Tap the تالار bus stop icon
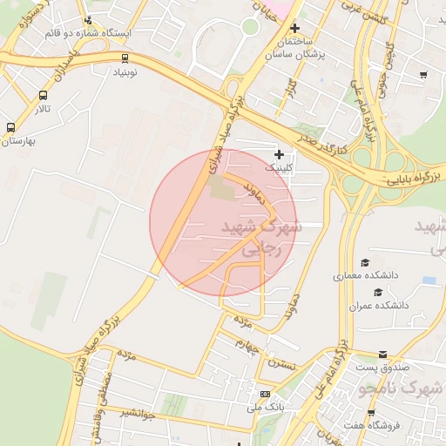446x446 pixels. pyautogui.click(x=44, y=96)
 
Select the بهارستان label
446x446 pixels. pyautogui.click(x=17, y=140)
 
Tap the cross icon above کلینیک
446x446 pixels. pyautogui.click(x=279, y=153)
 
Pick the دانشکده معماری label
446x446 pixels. pyautogui.click(x=365, y=275)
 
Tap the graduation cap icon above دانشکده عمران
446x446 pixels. pyautogui.click(x=377, y=292)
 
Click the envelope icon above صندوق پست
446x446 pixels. pyautogui.click(x=383, y=355)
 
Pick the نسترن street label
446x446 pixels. pyautogui.click(x=283, y=362)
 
